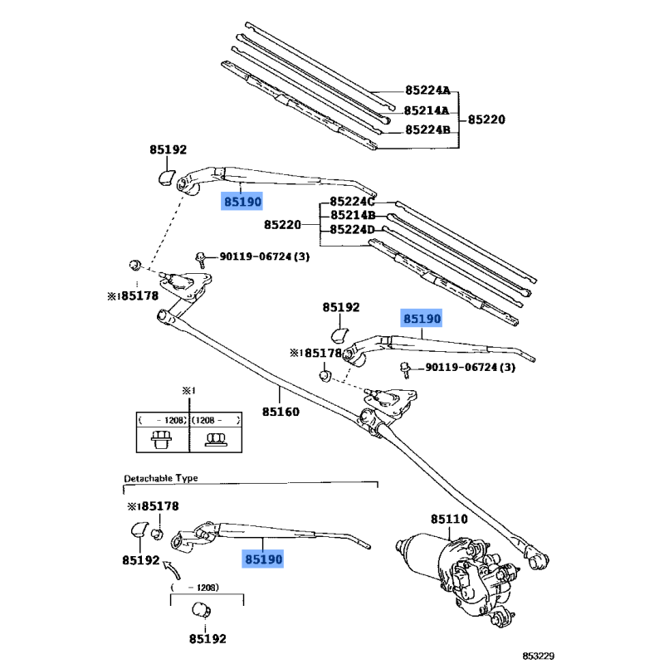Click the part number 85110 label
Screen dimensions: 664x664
(449, 520)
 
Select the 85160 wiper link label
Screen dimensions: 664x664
(281, 412)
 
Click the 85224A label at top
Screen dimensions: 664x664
(427, 90)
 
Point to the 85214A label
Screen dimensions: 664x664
(427, 110)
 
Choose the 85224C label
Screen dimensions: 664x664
(353, 202)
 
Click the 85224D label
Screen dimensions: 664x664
(353, 230)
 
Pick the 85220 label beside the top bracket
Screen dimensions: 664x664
(486, 119)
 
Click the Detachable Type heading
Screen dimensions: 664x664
(162, 479)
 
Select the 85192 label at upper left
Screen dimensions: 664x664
(168, 150)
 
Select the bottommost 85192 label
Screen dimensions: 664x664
(206, 638)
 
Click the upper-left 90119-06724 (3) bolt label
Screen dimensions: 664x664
(265, 257)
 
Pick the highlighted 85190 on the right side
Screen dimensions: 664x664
(422, 318)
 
